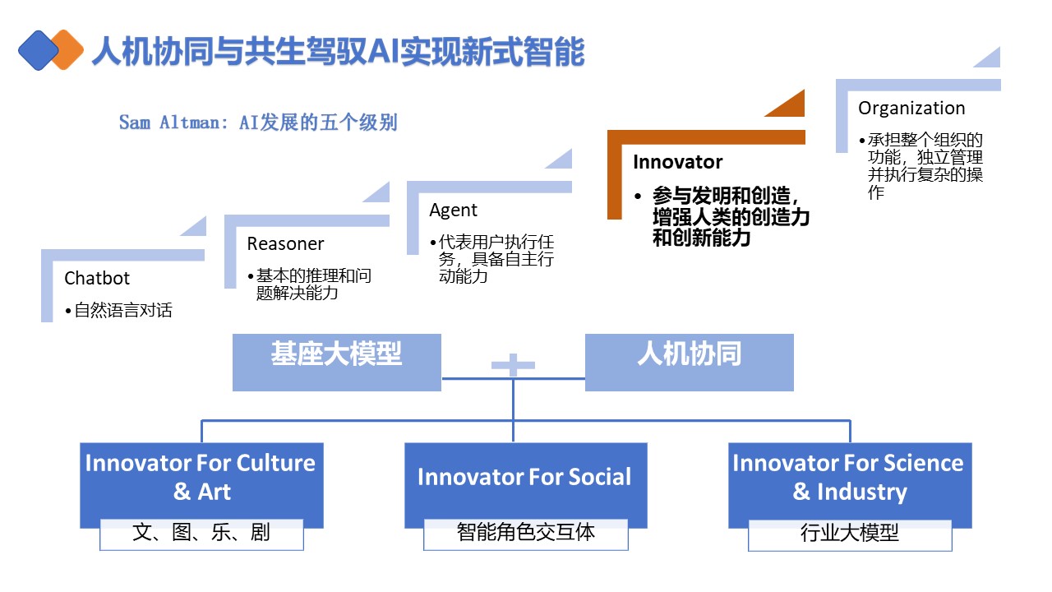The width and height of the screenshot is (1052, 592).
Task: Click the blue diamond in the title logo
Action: pos(37,50)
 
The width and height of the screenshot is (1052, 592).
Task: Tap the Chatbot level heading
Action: pos(97,279)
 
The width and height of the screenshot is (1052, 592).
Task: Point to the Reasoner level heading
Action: pos(285,244)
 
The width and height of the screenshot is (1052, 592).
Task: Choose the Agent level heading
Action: pos(453,210)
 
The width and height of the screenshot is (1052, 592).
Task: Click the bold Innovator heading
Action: pos(677,162)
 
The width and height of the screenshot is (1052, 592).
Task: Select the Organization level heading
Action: pos(911,109)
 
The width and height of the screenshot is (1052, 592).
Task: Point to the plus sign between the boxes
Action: pos(514,364)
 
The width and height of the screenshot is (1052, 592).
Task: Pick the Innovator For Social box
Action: pos(524,478)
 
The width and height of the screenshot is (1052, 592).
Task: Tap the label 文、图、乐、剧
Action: pos(201,533)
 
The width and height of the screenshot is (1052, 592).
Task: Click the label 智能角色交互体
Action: pos(525,533)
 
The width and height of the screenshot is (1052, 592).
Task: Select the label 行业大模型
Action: pos(849,533)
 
